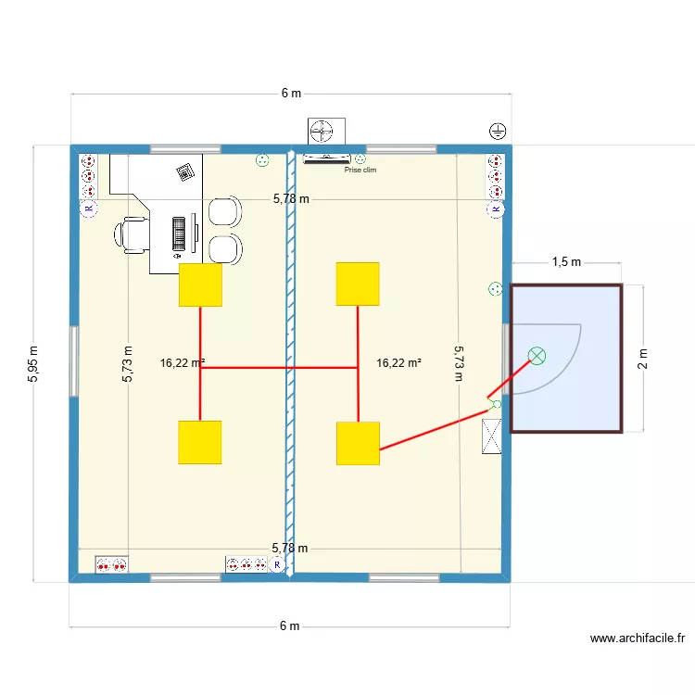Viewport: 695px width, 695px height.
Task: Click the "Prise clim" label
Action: point(360,170)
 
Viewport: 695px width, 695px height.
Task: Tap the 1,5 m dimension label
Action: point(565,262)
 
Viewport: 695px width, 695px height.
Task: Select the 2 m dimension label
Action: point(642,358)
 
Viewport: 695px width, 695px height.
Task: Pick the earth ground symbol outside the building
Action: point(498,131)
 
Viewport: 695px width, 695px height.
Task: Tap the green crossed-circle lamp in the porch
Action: point(537,355)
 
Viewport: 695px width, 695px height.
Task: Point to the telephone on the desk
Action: point(187,171)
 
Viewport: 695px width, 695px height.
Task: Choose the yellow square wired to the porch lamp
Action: point(358,443)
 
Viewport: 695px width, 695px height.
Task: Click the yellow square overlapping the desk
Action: point(200,284)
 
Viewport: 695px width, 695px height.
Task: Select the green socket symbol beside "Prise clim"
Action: point(360,159)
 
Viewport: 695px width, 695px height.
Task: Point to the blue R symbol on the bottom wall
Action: point(276,563)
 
